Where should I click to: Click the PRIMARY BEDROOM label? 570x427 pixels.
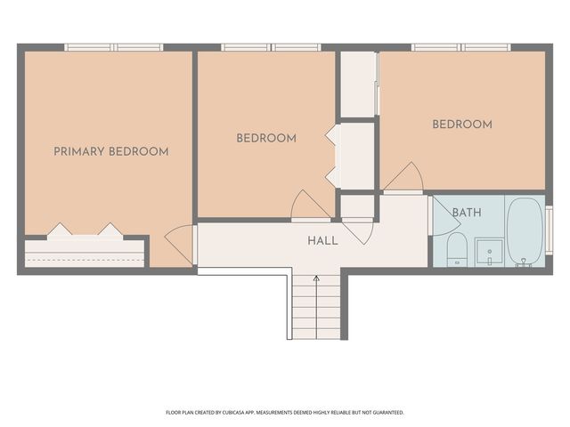coord(111,151)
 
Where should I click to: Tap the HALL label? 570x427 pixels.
coord(322,241)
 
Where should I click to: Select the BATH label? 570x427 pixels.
coord(467,213)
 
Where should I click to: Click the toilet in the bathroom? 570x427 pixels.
coord(457,250)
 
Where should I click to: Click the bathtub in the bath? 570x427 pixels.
coord(524,231)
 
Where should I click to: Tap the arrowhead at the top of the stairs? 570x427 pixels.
coord(317,278)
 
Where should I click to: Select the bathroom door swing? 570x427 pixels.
coord(445,217)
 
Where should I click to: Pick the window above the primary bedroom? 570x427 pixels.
coord(114,47)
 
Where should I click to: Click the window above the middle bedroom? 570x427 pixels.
coord(271,47)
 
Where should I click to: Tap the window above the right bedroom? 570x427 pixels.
coord(461,47)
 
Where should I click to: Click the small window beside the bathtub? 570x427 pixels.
coord(550,230)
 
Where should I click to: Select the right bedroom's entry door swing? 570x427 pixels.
coord(403,176)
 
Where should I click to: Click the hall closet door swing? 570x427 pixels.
coord(358,231)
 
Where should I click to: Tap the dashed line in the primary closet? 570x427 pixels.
coord(85,260)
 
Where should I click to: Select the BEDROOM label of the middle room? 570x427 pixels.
coord(266,138)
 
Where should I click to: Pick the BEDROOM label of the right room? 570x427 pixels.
coord(462,125)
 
